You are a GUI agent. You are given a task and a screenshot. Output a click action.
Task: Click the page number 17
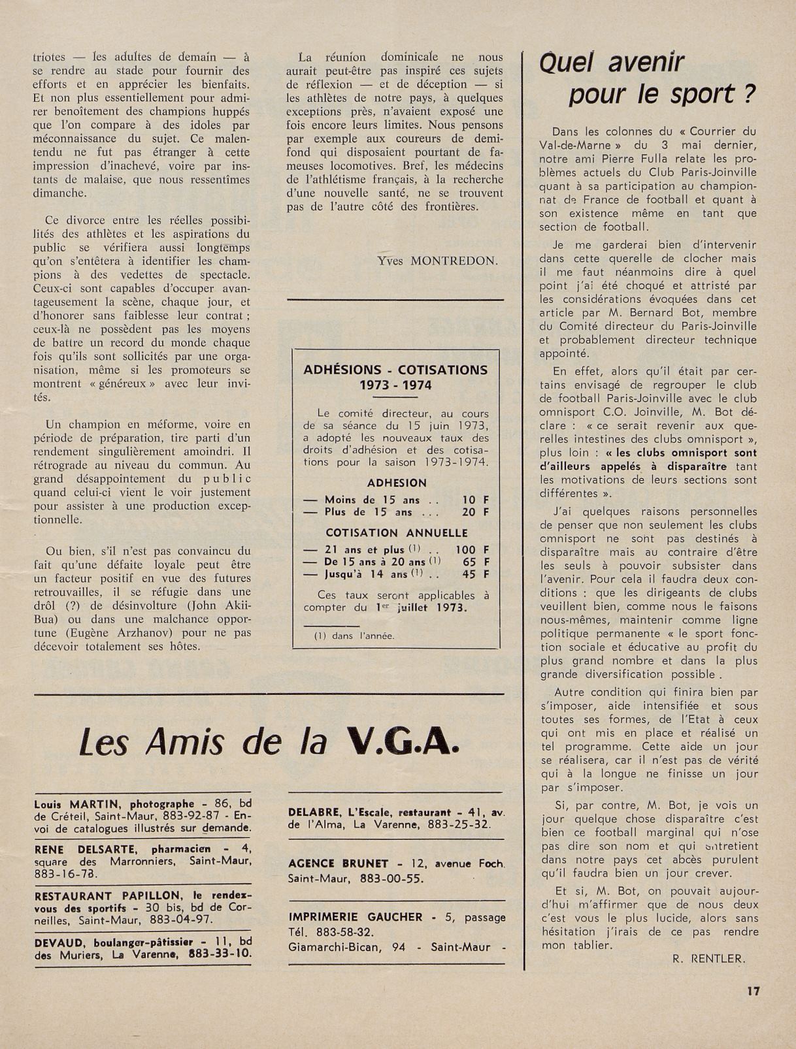753,991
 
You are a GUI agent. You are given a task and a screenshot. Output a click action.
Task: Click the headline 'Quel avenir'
612,63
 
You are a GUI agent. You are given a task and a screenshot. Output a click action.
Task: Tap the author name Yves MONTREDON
437,261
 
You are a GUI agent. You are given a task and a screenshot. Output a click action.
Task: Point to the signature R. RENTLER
708,959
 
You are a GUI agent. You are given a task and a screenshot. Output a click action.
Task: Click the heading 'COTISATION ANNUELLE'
397,533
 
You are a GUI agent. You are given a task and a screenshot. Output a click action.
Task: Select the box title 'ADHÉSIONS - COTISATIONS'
395,370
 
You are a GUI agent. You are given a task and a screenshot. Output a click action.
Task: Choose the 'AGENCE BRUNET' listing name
338,863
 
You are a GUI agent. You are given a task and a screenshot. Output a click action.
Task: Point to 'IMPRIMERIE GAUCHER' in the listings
356,917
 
